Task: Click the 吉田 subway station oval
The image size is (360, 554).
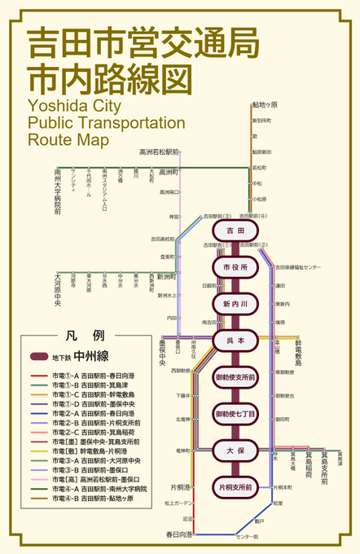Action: pos(235,231)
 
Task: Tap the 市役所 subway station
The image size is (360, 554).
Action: pos(235,267)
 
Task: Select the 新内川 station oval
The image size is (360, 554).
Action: pos(235,304)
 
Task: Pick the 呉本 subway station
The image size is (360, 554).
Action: pos(235,341)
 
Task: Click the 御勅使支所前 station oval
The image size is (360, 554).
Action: pos(235,377)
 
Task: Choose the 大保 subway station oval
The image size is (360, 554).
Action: pos(235,451)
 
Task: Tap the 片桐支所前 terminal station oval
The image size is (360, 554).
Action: pos(235,487)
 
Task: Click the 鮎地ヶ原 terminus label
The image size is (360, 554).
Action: pos(265,105)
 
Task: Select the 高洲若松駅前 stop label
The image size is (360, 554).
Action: pos(159,152)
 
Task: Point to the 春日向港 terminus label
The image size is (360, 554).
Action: pos(179,534)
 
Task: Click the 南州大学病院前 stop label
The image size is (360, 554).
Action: pos(58,192)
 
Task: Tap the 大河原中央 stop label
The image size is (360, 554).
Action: pos(58,288)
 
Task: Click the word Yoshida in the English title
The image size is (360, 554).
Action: pos(55,106)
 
